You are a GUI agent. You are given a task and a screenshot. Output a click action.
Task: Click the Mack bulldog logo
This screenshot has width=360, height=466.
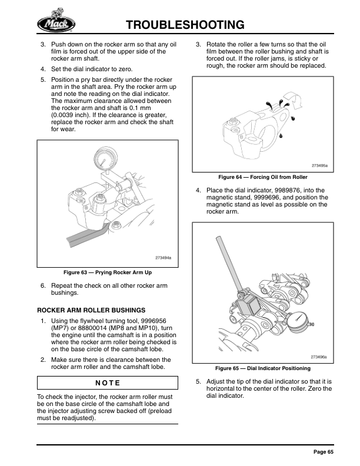tap(55, 22)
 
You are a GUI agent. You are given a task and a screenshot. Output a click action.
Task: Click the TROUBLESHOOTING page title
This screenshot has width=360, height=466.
tap(185, 25)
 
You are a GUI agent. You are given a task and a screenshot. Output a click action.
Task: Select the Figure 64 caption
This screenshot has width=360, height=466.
tap(262, 177)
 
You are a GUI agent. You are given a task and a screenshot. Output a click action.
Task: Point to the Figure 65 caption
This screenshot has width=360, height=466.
tap(262, 368)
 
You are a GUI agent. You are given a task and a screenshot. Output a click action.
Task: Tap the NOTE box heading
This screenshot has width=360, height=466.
tap(108, 383)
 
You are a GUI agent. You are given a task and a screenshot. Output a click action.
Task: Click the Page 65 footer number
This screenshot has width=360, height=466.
tap(323, 452)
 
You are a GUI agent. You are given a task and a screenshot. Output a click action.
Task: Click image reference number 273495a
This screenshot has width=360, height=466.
tap(320, 166)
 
